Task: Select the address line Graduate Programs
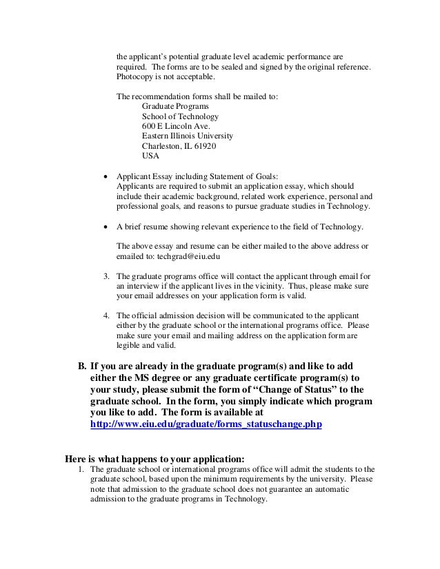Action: [174, 107]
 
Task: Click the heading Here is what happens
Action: [154, 457]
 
